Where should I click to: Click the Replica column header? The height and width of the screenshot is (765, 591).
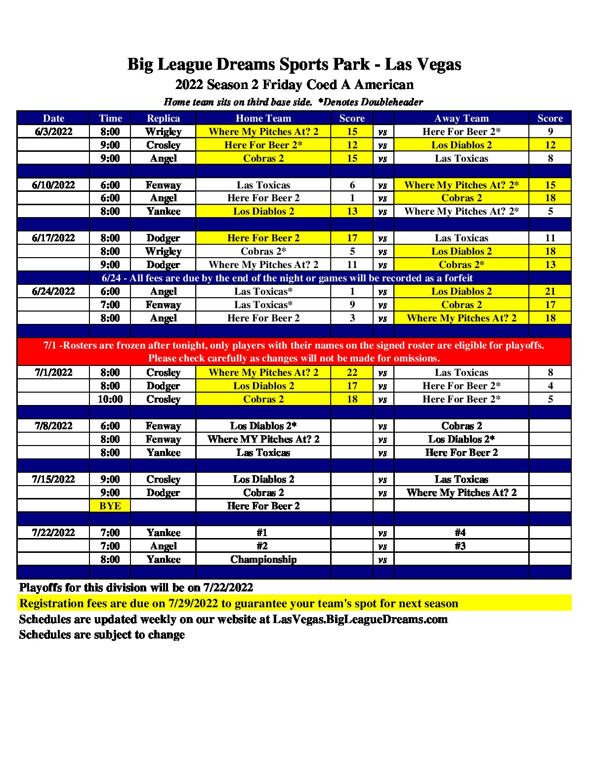163,118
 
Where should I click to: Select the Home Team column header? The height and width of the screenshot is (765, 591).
263,118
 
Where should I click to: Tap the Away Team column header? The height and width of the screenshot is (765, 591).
461,118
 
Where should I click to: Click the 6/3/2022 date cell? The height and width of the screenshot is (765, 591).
53,132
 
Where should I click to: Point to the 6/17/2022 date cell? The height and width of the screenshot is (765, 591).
53,238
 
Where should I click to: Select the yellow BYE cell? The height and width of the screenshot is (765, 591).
110,506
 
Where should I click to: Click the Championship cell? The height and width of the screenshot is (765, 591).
263,559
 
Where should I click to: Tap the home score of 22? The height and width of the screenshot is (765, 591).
352,372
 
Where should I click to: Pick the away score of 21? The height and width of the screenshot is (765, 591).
550,291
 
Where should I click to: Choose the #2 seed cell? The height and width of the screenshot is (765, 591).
262,546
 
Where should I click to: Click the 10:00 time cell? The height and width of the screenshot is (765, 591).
110,399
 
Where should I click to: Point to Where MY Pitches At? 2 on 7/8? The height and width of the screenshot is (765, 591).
263,439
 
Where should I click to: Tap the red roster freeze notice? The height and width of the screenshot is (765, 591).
294,352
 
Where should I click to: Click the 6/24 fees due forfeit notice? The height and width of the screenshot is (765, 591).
287,278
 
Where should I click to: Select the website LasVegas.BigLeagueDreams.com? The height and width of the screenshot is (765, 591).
360,619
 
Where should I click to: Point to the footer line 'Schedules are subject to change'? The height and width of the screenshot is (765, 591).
102,634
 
